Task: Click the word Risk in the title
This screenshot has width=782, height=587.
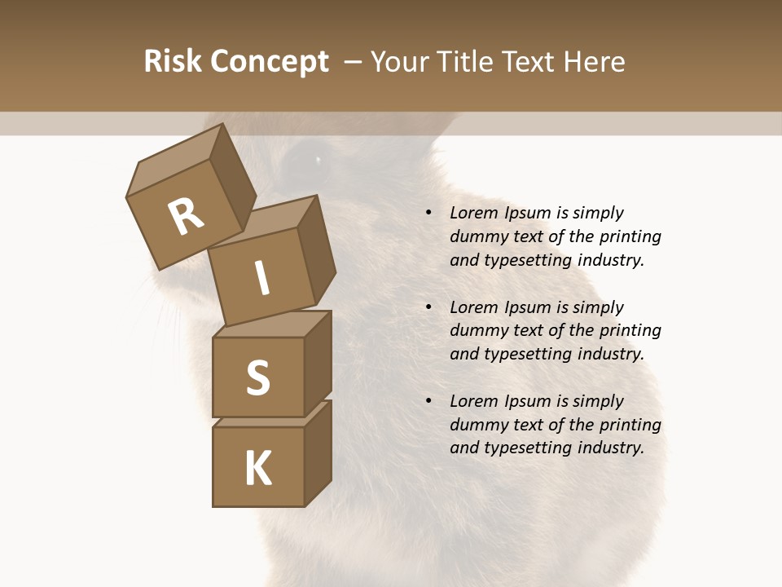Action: pos(173,62)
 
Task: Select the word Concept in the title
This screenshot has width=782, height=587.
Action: pos(270,62)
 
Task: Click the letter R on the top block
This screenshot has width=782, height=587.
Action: pos(186,217)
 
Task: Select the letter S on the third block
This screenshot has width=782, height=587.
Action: pos(258,377)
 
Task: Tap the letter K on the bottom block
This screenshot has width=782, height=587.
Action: pos(258,469)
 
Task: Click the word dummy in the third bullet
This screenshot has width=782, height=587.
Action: pos(476,425)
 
